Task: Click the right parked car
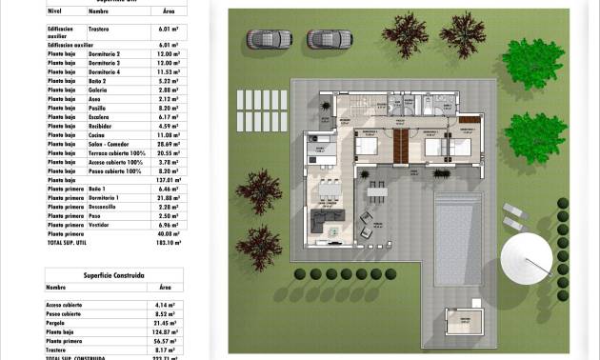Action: [330, 39]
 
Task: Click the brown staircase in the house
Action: [401, 145]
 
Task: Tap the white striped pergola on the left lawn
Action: [261, 100]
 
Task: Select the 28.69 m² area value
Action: [171, 144]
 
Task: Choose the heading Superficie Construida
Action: [114, 274]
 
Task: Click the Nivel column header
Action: [53, 11]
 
